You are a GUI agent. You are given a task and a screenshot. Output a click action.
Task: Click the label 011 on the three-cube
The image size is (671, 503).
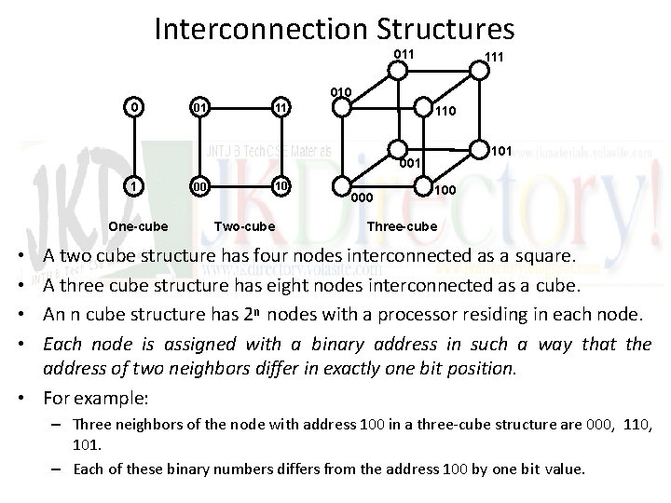[x=404, y=54]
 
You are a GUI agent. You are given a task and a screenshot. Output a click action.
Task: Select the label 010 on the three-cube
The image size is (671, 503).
[x=340, y=91]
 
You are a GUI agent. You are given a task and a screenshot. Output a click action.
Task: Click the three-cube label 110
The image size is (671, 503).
[x=444, y=113]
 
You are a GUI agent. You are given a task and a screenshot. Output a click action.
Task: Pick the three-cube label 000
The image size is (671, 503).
[x=362, y=197]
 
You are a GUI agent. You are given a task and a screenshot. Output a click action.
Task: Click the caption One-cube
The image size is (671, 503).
[x=138, y=226]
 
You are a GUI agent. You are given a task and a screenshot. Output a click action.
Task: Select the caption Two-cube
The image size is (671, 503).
[x=245, y=226]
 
